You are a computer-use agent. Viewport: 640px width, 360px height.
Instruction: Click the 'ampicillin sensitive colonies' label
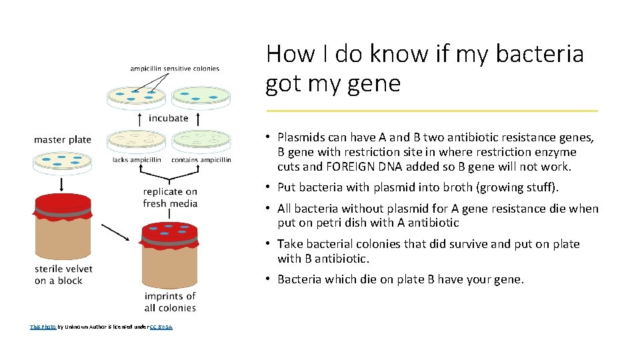tap(175, 69)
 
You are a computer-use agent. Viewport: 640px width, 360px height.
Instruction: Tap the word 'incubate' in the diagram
tap(168, 118)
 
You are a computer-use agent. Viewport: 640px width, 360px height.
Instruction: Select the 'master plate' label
tap(63, 139)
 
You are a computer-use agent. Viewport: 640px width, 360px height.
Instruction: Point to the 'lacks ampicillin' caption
tap(137, 160)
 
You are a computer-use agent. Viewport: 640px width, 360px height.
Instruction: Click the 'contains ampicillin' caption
tap(201, 160)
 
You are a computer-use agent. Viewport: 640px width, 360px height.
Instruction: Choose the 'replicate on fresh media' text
tap(170, 197)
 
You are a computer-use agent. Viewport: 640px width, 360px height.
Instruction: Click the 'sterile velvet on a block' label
tap(63, 275)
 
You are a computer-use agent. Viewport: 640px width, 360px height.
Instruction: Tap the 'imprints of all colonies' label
tap(170, 302)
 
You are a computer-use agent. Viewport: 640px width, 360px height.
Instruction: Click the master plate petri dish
tap(62, 161)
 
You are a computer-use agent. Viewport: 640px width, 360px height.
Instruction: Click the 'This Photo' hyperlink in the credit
tap(43, 327)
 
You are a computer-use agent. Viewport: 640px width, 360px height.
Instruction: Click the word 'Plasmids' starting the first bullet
tap(303, 137)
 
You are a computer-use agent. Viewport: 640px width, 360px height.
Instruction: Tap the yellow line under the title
tap(432, 111)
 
